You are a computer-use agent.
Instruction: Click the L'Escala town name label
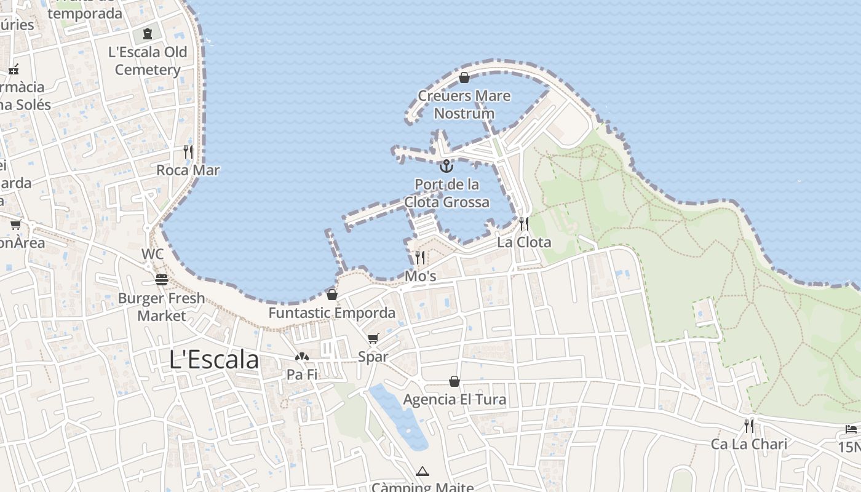point(214,360)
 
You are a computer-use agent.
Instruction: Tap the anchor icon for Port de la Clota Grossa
point(446,165)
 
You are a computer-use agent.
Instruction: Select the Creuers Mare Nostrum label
point(464,105)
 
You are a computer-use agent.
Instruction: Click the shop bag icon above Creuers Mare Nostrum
point(464,77)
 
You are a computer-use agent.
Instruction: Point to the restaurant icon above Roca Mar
point(188,151)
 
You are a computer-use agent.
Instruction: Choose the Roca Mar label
point(188,170)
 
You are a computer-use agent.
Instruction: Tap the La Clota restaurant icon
point(524,223)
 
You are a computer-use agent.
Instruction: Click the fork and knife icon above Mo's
point(420,257)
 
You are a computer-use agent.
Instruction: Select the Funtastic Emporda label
point(332,313)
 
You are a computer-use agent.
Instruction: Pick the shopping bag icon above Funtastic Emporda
point(332,295)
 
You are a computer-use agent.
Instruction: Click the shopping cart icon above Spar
point(373,338)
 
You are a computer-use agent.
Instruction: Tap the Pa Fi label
point(302,375)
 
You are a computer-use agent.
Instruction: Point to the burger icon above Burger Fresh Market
point(162,280)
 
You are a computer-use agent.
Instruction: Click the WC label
point(153,254)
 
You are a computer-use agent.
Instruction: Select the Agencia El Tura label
point(454,400)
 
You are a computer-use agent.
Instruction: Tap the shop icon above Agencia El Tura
point(454,381)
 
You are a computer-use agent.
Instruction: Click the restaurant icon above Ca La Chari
point(749,426)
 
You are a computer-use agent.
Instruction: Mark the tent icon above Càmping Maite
point(422,472)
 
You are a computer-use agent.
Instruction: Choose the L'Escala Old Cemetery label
point(148,61)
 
